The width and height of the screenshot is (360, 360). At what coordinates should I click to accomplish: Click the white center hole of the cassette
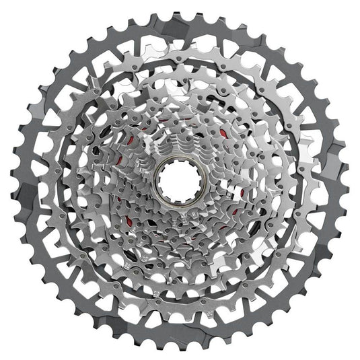[x=180, y=180]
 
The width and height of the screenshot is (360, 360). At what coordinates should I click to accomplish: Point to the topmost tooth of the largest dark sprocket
[x=180, y=13]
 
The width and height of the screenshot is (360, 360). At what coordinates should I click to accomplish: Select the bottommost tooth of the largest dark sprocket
[x=180, y=348]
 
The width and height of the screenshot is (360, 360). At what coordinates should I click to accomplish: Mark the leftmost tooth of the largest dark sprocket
[x=12, y=180]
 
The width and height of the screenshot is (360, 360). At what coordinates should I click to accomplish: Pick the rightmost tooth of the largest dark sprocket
[x=348, y=180]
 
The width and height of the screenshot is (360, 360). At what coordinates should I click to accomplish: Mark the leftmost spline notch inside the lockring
[x=164, y=180]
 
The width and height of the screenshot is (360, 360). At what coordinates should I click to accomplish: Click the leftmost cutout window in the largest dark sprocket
[x=28, y=180]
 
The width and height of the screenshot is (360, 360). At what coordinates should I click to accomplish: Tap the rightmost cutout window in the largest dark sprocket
[x=332, y=180]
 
